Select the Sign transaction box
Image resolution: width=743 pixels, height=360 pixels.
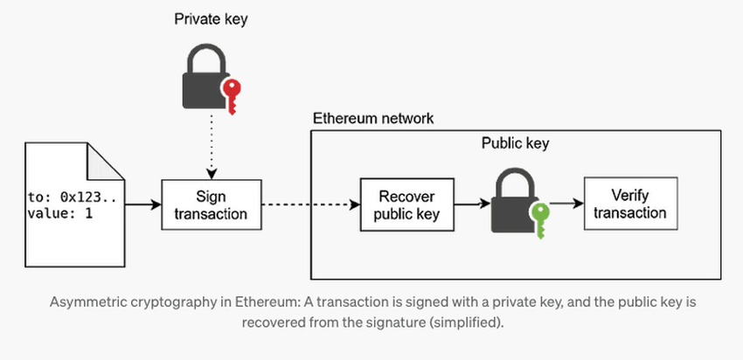coord(212,204)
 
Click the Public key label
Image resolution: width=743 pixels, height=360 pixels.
coord(516,142)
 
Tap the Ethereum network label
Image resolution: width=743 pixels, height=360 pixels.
coord(373,117)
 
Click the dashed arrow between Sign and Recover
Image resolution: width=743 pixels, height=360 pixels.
coord(310,205)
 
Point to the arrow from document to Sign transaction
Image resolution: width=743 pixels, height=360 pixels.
coord(142,205)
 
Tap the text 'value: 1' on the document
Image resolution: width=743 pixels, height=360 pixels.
coord(59,213)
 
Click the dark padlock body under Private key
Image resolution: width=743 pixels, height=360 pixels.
coord(203,89)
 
